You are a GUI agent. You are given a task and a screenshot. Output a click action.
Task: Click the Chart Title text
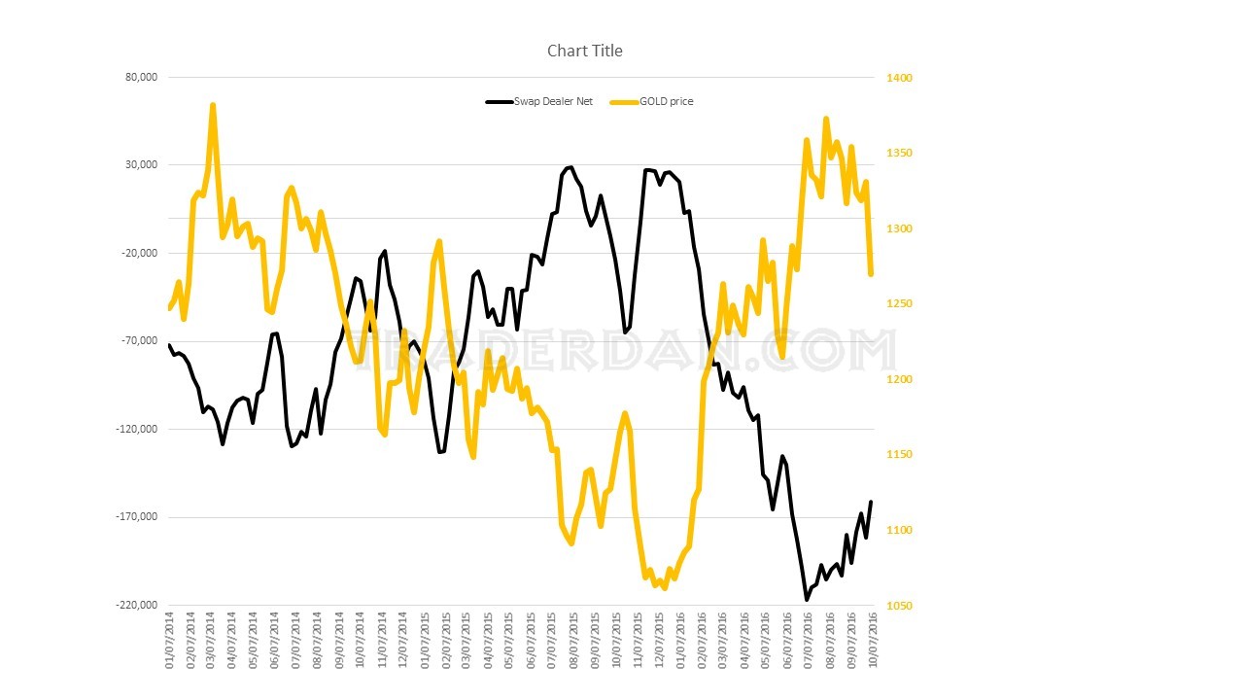(x=584, y=51)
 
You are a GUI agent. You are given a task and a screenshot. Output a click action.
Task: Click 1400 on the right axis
(x=898, y=78)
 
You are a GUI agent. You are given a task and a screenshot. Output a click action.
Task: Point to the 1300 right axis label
(x=898, y=228)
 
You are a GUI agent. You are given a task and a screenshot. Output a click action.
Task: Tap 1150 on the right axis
(x=898, y=455)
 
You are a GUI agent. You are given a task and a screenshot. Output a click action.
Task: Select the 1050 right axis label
(x=898, y=606)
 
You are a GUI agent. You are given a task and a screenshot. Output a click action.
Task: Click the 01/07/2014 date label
(x=170, y=640)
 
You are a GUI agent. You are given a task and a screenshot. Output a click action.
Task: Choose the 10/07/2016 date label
(x=873, y=640)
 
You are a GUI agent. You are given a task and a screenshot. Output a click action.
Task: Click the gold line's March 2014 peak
(x=213, y=105)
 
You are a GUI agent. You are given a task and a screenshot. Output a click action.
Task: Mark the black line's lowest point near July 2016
(x=807, y=599)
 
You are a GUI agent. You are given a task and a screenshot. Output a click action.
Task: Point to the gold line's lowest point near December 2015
(x=665, y=587)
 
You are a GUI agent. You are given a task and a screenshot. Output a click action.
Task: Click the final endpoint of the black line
(x=871, y=502)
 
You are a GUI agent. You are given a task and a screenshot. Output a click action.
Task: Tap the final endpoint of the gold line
(x=871, y=274)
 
